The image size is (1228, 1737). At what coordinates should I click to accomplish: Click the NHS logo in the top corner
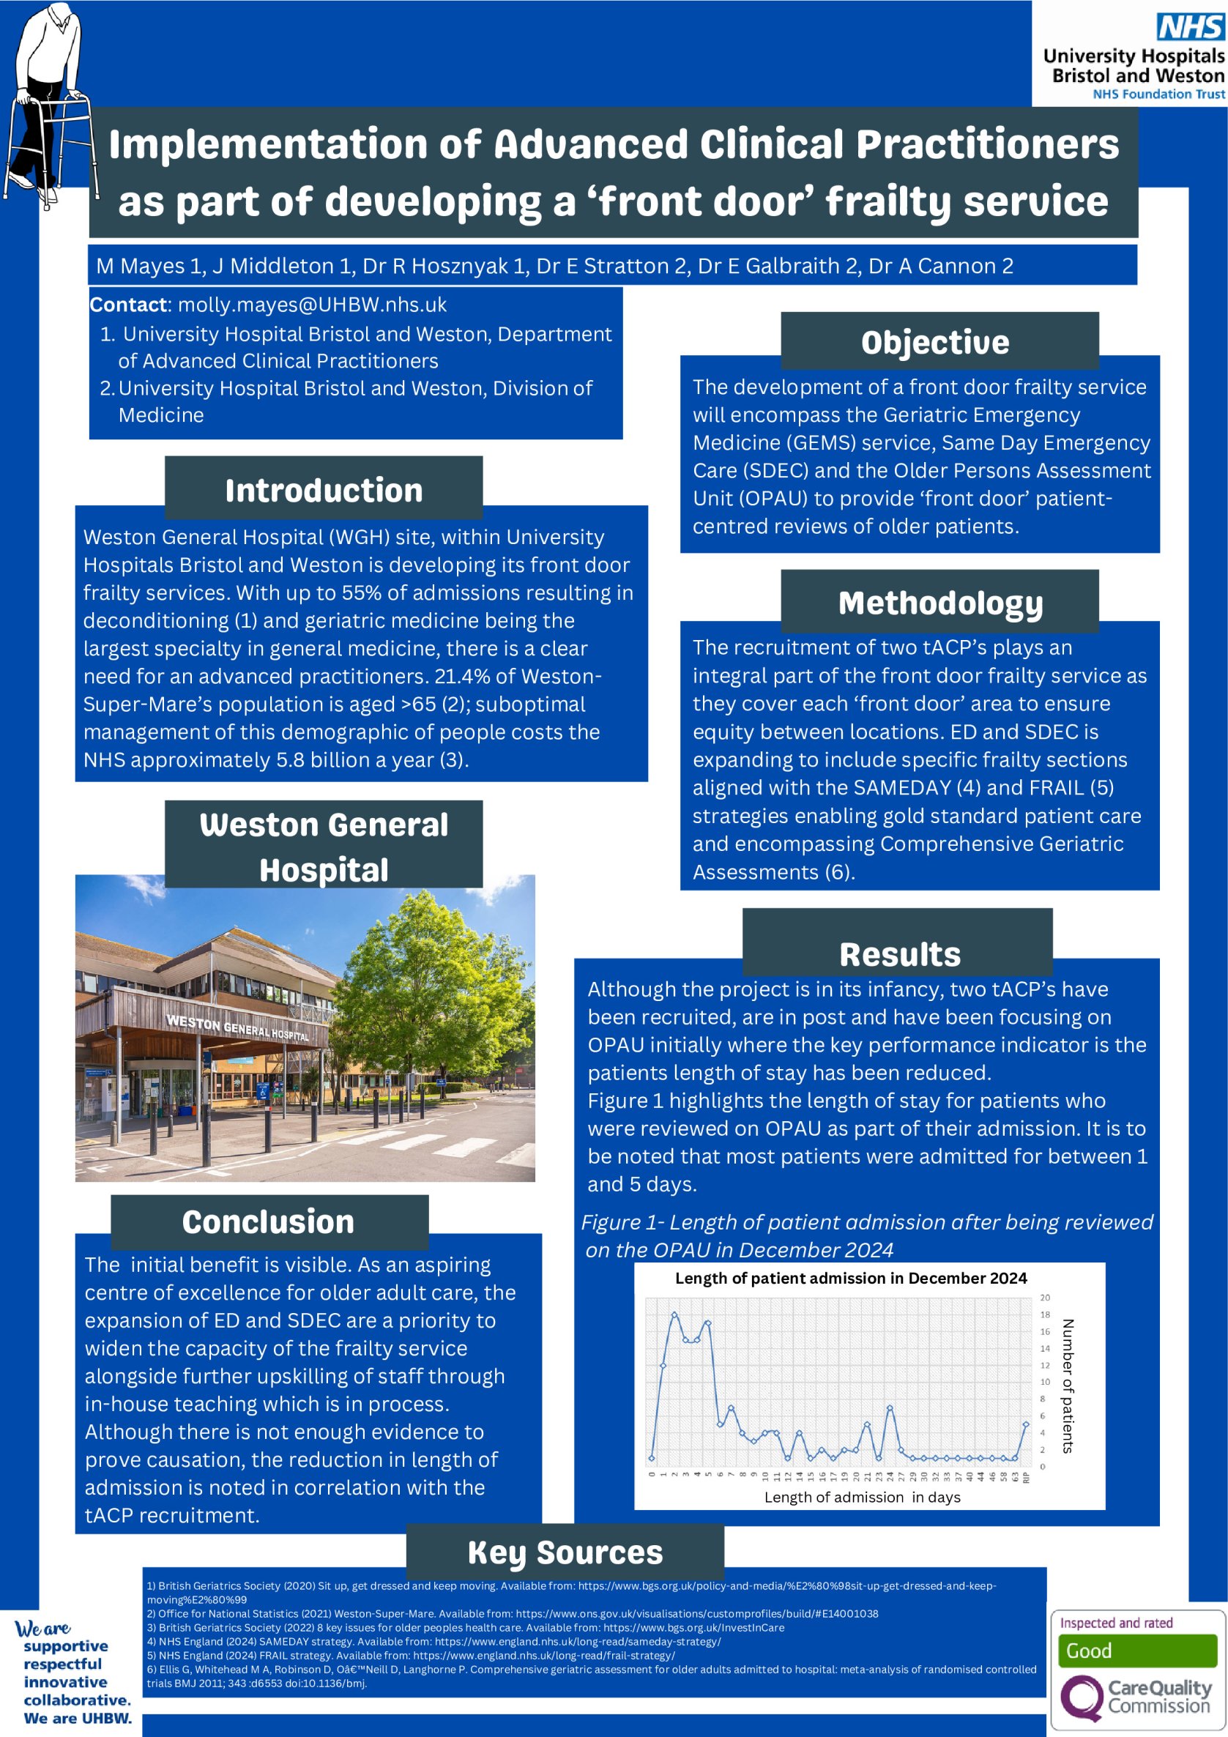coord(1190,27)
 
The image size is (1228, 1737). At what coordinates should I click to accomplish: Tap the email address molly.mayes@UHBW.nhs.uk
coord(312,305)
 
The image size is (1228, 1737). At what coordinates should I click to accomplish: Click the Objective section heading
coord(934,342)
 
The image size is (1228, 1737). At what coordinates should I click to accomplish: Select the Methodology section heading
coord(939,603)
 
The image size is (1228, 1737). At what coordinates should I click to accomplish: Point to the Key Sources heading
coord(565,1552)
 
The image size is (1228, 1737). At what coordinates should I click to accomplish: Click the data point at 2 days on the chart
coord(674,1315)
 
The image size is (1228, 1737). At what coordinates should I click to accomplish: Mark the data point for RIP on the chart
coord(1026,1424)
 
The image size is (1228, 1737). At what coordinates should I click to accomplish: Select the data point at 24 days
coord(890,1408)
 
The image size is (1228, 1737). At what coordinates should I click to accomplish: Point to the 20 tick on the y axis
coord(1045,1298)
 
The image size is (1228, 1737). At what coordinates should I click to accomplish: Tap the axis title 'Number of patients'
coord(1068,1385)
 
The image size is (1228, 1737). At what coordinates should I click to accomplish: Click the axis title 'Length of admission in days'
coord(862,1498)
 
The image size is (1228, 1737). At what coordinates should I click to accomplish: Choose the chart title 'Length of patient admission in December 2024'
coord(850,1279)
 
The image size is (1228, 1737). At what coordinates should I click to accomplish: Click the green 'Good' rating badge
coord(1136,1651)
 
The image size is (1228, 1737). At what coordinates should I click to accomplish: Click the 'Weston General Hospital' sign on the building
coord(237,1027)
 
